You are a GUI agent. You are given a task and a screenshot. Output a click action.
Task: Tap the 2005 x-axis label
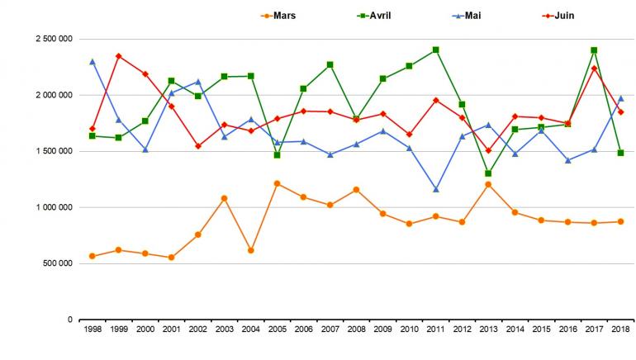point(277,329)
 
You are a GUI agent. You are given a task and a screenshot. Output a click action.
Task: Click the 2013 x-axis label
point(488,329)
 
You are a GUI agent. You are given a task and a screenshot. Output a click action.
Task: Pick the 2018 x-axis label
point(620,329)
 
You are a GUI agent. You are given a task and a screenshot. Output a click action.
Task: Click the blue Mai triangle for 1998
point(92,61)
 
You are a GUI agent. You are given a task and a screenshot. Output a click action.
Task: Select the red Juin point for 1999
point(118,56)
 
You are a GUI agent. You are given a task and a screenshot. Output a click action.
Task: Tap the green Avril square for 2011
point(435,50)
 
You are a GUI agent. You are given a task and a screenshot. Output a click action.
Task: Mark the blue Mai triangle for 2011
point(435,190)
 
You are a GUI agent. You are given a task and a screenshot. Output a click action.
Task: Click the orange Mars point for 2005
point(277,183)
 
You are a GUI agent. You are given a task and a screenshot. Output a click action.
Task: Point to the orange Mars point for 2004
point(250,250)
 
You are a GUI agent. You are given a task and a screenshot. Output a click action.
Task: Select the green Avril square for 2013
point(488,173)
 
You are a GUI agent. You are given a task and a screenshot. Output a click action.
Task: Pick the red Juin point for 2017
point(594,69)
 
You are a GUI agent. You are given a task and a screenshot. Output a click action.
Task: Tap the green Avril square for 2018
point(620,153)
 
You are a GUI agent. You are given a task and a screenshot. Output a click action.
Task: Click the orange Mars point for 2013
point(488,184)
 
